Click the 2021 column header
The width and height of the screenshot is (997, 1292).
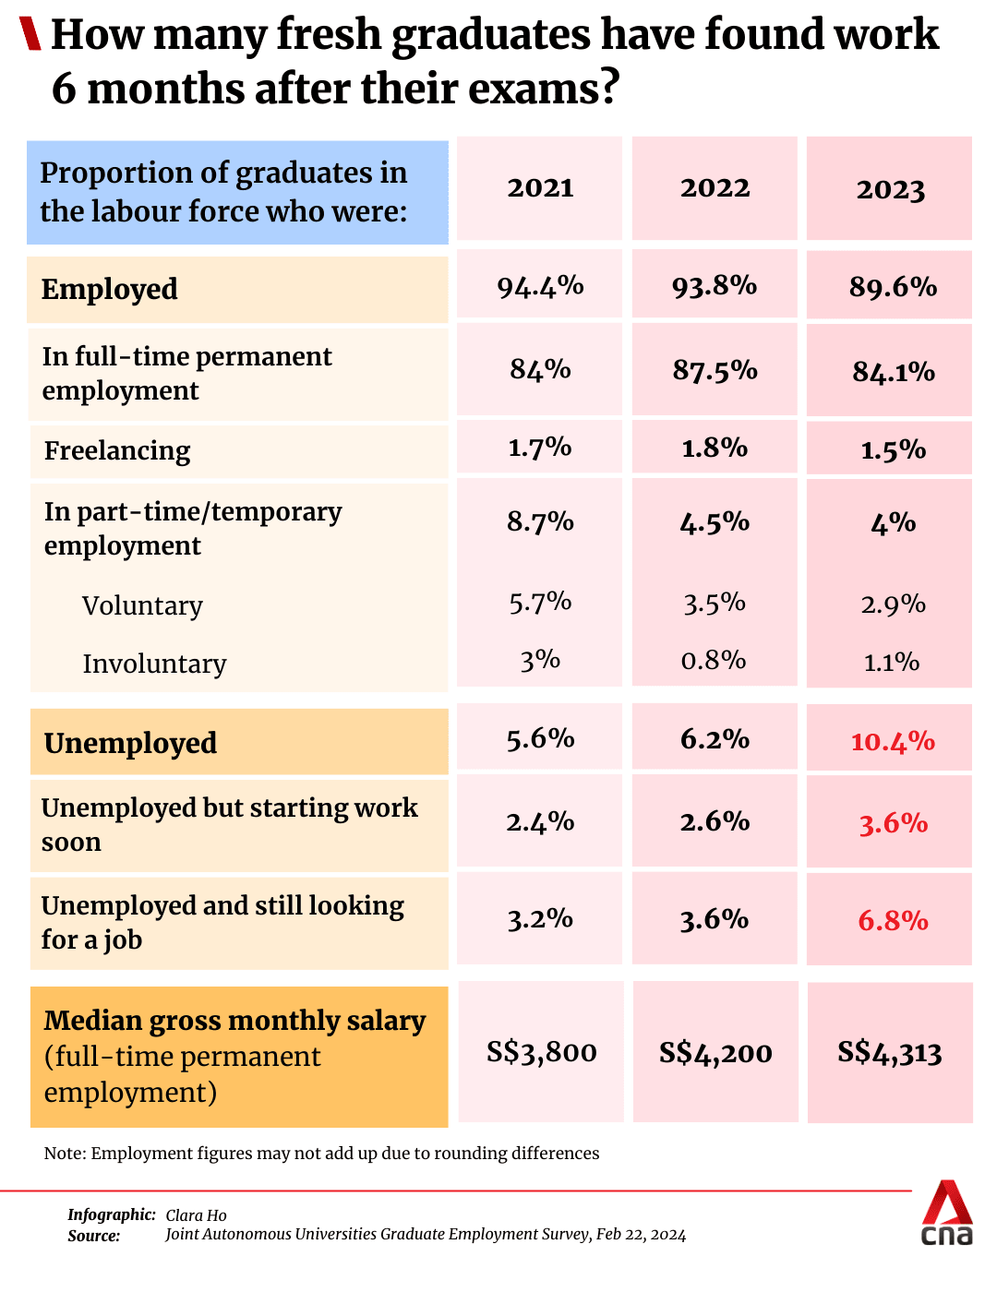(540, 187)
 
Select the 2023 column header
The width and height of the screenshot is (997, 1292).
(890, 189)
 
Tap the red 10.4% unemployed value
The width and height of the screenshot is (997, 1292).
(892, 741)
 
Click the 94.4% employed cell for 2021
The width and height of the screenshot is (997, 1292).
(540, 286)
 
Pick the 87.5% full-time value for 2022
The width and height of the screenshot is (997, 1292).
(715, 370)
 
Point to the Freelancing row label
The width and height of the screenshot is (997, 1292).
(117, 450)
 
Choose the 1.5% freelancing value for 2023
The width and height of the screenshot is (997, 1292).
(892, 449)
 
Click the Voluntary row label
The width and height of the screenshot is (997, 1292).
(142, 605)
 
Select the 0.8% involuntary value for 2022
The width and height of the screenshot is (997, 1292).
(714, 660)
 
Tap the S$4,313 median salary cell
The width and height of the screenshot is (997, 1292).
(889, 1052)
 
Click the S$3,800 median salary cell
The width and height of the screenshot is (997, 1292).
(541, 1052)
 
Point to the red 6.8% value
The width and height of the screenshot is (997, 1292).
(892, 920)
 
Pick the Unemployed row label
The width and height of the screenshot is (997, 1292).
(130, 743)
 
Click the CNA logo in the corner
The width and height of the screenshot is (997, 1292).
(947, 1213)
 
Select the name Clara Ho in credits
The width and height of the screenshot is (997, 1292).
(196, 1215)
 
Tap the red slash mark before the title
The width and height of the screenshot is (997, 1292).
(30, 34)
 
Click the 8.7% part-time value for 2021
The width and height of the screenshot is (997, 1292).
(540, 522)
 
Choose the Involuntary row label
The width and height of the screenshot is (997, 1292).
(154, 664)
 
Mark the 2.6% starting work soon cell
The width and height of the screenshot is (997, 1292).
(715, 821)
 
